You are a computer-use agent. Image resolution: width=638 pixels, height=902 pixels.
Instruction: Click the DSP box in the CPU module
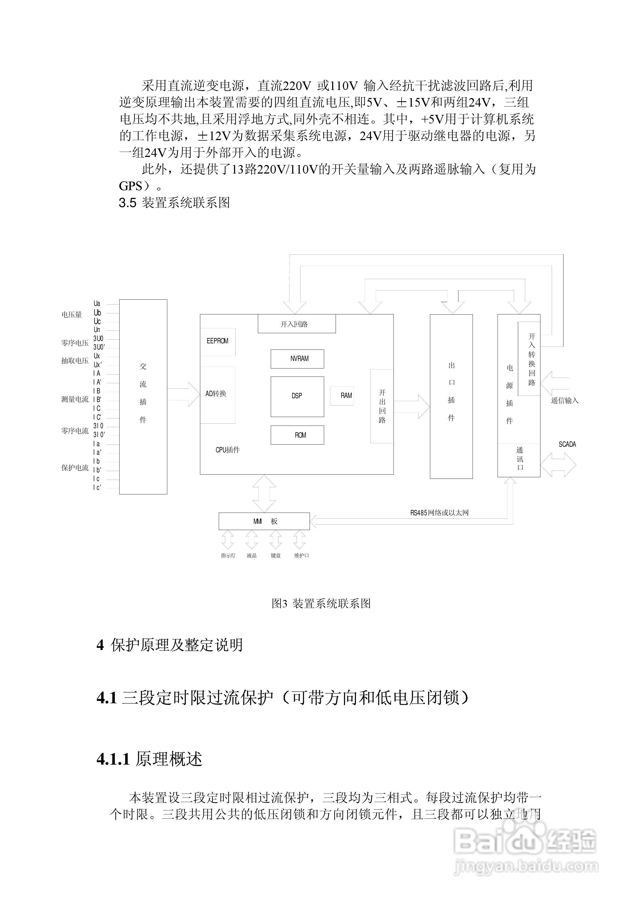click(x=297, y=396)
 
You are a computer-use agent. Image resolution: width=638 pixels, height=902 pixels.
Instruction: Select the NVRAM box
click(x=297, y=359)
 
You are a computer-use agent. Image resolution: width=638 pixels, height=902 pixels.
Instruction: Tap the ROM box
click(x=297, y=435)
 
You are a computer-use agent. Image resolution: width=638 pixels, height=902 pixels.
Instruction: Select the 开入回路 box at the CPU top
click(x=296, y=324)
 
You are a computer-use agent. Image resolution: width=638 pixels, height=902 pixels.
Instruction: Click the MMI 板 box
click(x=264, y=521)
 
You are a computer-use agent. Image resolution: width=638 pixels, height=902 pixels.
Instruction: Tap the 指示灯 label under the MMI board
click(x=228, y=555)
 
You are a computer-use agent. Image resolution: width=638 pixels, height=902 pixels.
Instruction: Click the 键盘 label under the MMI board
click(x=276, y=555)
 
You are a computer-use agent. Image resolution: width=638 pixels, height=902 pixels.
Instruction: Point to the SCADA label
click(x=567, y=444)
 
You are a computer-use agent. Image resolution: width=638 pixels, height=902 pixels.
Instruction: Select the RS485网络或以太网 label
click(x=439, y=513)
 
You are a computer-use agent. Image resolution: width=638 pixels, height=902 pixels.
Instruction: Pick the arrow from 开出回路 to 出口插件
click(x=412, y=407)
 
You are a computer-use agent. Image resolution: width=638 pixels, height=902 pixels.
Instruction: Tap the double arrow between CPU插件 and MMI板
click(x=264, y=493)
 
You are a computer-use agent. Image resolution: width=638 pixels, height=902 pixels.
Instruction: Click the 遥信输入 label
click(x=565, y=401)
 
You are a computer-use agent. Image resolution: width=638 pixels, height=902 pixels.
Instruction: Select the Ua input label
click(x=97, y=304)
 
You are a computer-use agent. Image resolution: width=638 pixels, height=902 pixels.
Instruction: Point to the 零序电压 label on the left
click(x=75, y=343)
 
